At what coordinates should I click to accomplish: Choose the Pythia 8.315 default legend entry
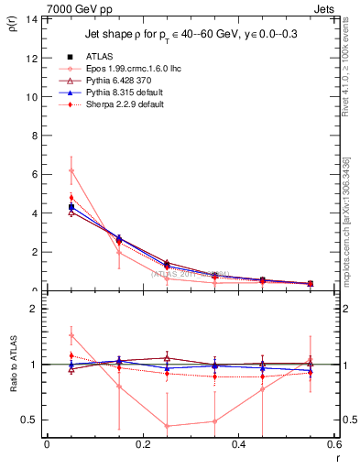point(120,93)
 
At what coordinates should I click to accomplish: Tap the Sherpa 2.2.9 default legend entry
point(119,105)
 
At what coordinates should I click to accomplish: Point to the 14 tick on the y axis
point(32,18)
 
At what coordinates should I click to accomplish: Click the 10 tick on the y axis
point(32,96)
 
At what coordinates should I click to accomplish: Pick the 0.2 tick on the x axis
point(142,445)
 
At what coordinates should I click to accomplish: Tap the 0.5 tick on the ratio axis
point(30,420)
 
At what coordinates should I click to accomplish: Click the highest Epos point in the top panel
point(71,170)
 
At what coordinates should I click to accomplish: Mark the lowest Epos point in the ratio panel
point(167,426)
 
